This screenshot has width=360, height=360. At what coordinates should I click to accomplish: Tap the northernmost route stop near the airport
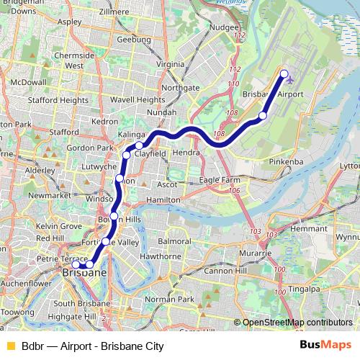click(284, 73)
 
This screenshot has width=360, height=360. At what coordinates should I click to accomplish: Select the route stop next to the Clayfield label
click(139, 146)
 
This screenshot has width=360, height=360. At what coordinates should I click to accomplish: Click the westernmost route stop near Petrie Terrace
click(76, 265)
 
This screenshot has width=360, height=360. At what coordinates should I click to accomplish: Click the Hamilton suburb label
click(162, 199)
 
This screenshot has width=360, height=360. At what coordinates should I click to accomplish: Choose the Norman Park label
click(169, 299)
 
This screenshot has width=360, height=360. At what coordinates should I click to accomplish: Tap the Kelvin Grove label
click(60, 226)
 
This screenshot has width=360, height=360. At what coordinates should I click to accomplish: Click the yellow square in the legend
click(10, 346)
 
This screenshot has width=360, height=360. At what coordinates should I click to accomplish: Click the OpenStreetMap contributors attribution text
click(297, 323)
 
